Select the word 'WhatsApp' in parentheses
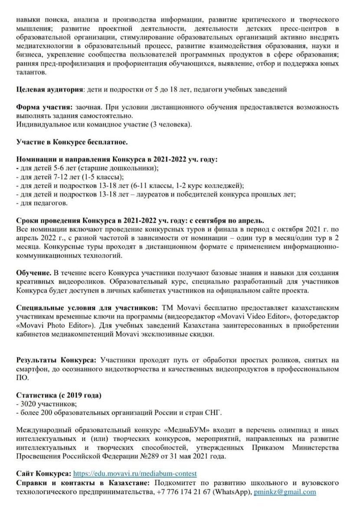(234, 492)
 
